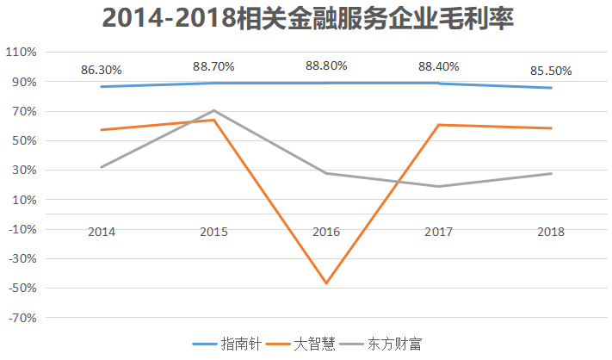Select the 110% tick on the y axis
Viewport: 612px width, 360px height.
pos(22,53)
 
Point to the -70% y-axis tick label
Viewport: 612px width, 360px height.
pos(22,318)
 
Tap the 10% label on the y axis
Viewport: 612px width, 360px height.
pos(23,200)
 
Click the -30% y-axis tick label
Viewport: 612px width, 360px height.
pos(22,258)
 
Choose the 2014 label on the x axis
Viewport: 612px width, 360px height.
pos(102,232)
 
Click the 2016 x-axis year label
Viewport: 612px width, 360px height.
pos(326,232)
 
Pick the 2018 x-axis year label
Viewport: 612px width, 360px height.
pos(551,232)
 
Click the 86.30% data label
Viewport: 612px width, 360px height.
pos(102,69)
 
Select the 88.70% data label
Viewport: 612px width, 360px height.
pos(213,65)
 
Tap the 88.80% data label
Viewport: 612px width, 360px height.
pos(326,65)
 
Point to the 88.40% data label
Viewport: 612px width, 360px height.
pos(438,65)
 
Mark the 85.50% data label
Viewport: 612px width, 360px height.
pos(551,71)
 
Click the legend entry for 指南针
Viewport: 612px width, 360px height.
pos(228,343)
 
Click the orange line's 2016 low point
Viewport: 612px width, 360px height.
pos(326,283)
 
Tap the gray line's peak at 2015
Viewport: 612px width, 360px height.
pos(213,110)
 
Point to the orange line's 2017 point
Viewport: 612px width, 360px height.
pos(438,125)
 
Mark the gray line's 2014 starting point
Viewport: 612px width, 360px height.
pos(102,167)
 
